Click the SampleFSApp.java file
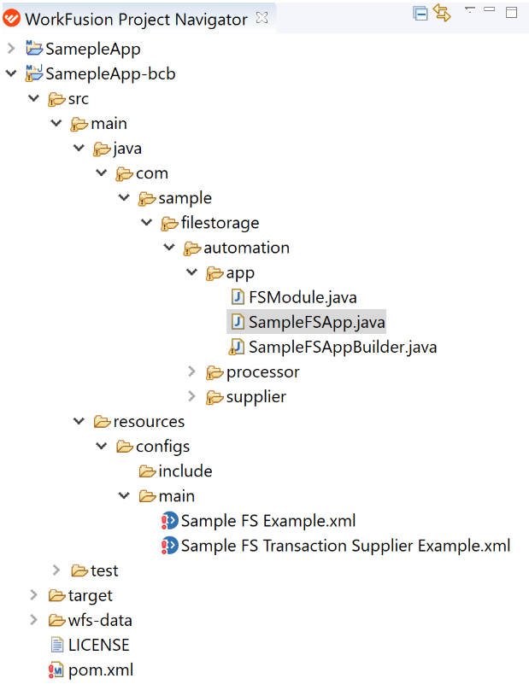point(316,322)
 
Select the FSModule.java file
point(303,297)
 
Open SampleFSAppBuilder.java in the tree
point(343,347)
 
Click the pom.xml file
point(100,670)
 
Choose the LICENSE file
point(98,645)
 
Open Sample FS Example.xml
point(268,521)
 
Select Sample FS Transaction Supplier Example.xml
point(345,546)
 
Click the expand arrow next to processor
point(191,371)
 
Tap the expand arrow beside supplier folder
point(191,396)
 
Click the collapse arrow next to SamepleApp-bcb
point(11,73)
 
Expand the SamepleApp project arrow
point(11,48)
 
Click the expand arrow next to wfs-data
point(33,620)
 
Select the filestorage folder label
point(220,222)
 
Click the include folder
point(185,471)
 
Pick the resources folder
point(149,421)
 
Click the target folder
point(91,595)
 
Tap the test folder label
point(104,570)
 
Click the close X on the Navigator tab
point(262,18)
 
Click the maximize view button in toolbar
point(512,13)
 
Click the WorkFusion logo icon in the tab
point(12,18)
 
